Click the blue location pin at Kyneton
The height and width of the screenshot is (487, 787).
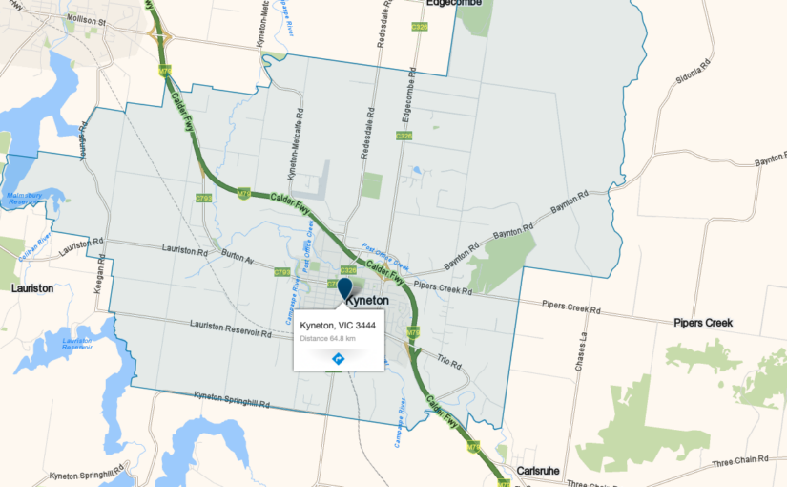tap(345, 286)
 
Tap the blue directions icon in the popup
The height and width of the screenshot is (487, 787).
tap(338, 358)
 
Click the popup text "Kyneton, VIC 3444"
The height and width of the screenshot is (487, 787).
tap(338, 326)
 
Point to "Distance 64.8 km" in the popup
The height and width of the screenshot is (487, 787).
tap(328, 338)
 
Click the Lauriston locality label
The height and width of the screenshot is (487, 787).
tap(32, 286)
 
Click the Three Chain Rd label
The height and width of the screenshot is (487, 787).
tap(739, 462)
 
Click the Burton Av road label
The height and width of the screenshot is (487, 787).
tap(238, 259)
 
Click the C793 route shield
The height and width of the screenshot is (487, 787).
tap(203, 198)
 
